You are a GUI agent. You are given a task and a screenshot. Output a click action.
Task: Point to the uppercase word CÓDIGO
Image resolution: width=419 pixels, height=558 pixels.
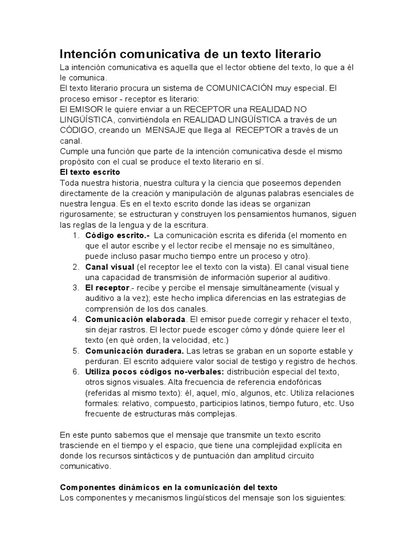pyautogui.click(x=78, y=130)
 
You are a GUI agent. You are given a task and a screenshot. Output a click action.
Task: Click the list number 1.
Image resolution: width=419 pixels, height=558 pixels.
pyautogui.click(x=74, y=235)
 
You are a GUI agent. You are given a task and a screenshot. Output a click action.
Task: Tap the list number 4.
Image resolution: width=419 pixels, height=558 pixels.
pyautogui.click(x=74, y=319)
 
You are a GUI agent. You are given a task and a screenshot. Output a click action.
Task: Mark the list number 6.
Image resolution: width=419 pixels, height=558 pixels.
pyautogui.click(x=74, y=372)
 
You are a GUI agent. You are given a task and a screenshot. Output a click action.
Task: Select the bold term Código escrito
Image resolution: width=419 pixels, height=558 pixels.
pyautogui.click(x=116, y=235)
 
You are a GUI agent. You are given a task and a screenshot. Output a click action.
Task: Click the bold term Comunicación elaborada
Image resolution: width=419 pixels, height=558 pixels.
pyautogui.click(x=136, y=319)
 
